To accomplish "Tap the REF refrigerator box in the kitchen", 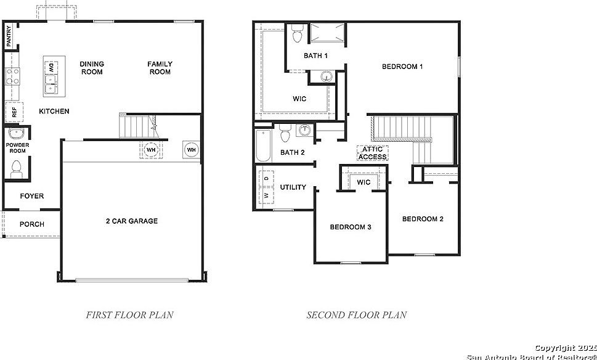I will pos(13,112).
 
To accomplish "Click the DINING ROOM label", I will pos(92,68).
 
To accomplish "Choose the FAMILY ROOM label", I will pos(160,68).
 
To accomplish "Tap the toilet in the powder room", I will pos(17,166).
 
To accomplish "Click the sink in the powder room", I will pos(17,134).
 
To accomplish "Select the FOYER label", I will pos(32,196).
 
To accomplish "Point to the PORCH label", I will pos(32,224).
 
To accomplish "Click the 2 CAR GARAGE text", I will pos(131,221).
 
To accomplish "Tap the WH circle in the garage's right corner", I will pos(191,150).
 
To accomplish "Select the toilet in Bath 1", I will pos(297,35).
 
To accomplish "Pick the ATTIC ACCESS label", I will pos(372,153).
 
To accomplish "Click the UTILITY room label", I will pos(293,187).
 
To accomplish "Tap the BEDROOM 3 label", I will pos(350,227).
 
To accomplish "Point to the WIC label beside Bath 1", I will pos(299,99).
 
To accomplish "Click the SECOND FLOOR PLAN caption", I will pos(357,315).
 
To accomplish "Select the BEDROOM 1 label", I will pos(402,67).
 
